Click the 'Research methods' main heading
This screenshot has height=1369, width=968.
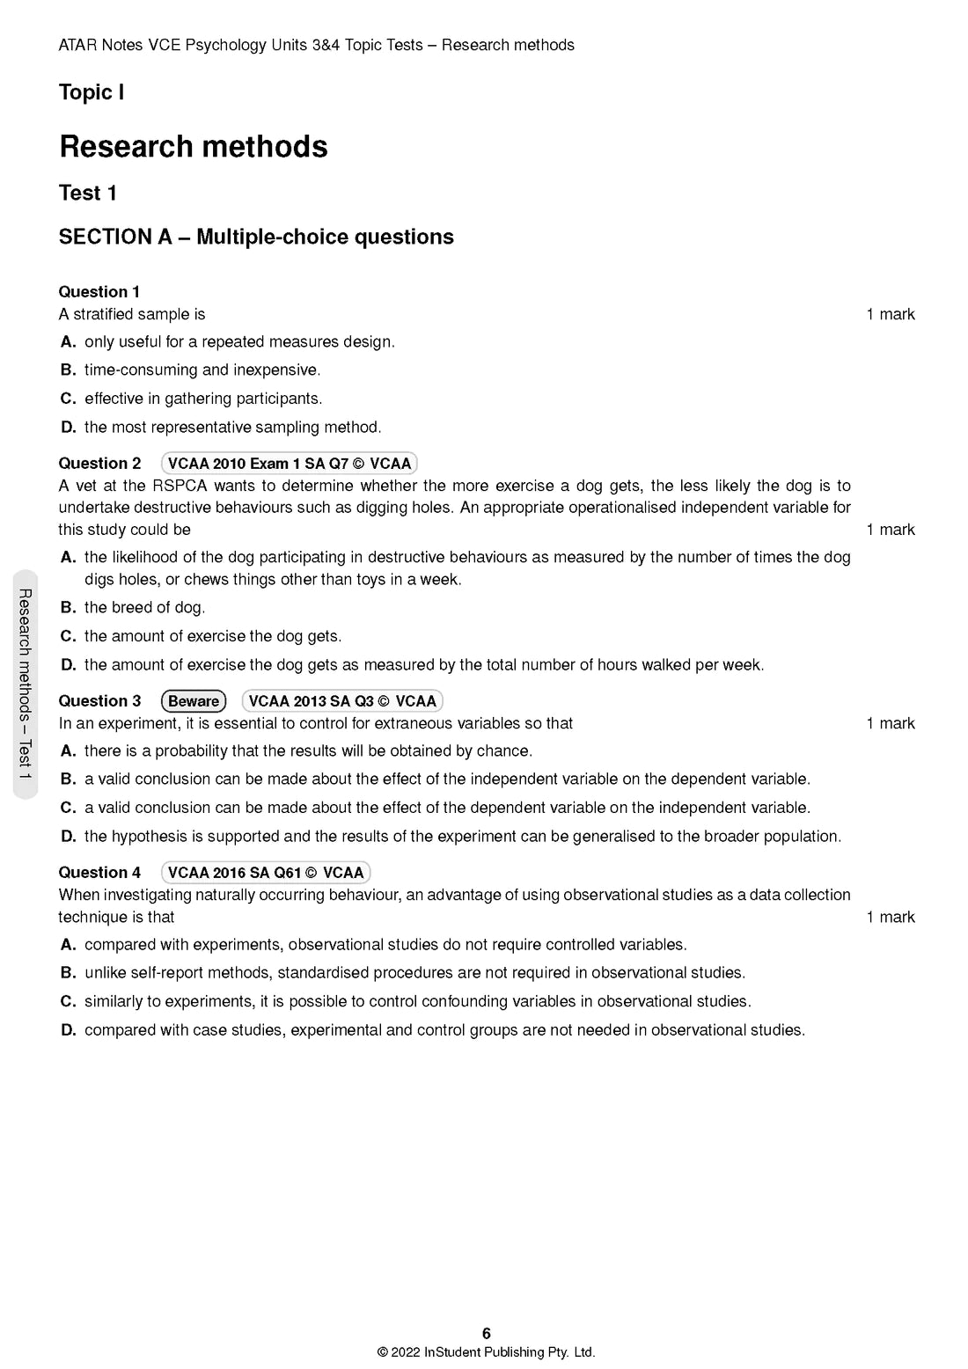[193, 147]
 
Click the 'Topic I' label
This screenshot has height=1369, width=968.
[91, 92]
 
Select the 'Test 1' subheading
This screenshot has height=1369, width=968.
[87, 194]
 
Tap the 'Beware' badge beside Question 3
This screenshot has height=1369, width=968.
[194, 701]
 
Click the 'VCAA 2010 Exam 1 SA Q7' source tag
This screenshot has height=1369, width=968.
[289, 464]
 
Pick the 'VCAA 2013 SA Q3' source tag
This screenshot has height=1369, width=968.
[341, 701]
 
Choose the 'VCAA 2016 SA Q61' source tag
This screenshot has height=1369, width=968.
[265, 873]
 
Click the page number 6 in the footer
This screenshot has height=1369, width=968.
[487, 1334]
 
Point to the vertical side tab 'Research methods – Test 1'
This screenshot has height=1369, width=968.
[26, 684]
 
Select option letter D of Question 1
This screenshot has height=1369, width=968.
[68, 428]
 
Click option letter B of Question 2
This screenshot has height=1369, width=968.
[68, 608]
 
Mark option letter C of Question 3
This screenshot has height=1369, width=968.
[68, 808]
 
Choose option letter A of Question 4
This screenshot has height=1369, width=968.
[68, 945]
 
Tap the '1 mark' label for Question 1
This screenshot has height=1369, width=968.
[890, 315]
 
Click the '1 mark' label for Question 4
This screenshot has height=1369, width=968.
[890, 918]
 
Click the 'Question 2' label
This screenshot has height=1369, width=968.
[99, 464]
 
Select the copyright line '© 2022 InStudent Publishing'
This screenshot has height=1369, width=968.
[486, 1352]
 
